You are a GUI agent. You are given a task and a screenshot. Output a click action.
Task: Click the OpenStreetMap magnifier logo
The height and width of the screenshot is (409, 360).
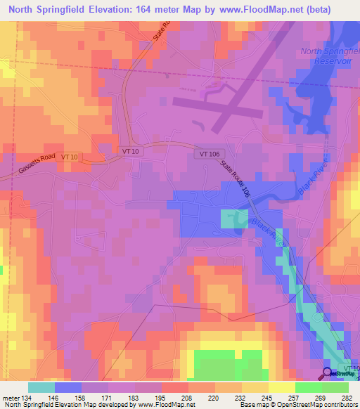click(x=327, y=372)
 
